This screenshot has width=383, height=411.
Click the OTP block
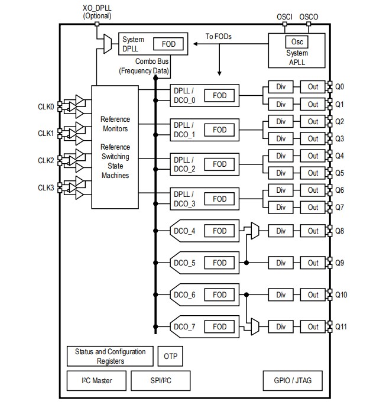tap(170, 357)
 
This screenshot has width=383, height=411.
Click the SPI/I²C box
tap(160, 380)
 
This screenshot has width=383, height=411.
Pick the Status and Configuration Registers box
tap(110, 356)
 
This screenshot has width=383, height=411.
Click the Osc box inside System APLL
tap(297, 41)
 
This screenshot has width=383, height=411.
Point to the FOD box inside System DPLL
tap(168, 44)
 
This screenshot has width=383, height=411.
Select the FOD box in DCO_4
tap(219, 231)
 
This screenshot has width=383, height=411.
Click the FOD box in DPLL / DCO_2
tap(219, 164)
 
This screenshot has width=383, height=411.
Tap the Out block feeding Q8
tap(313, 231)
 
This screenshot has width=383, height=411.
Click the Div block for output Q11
tap(281, 326)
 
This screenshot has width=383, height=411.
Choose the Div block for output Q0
tap(281, 87)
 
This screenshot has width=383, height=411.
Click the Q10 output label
tap(342, 295)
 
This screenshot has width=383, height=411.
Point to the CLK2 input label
tap(46, 160)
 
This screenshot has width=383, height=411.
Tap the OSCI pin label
tap(284, 17)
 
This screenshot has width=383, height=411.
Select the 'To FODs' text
tap(218, 37)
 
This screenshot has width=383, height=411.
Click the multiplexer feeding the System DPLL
tap(108, 41)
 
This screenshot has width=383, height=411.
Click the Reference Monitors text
tap(115, 124)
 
